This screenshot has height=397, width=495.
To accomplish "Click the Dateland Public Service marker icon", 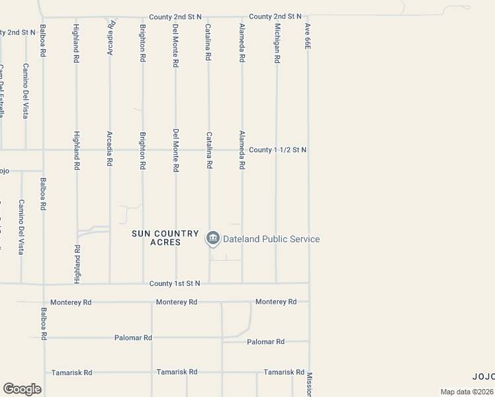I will (212, 238).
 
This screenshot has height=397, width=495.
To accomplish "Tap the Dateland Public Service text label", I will (271, 239).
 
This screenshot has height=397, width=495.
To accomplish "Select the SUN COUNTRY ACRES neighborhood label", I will (165, 238).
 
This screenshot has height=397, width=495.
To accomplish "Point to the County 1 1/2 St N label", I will (279, 150).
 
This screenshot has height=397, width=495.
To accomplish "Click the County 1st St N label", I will (175, 283).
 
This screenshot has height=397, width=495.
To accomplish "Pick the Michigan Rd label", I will (277, 44).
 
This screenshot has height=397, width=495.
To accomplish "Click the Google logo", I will (22, 389).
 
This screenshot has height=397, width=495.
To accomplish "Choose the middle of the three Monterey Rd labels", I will (177, 302).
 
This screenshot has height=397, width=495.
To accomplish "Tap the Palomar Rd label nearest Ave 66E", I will (265, 341).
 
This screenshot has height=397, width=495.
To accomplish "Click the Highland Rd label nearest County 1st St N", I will (77, 264).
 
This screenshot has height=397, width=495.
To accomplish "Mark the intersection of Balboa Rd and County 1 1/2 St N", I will (43, 150).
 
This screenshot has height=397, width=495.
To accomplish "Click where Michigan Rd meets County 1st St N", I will (276, 283).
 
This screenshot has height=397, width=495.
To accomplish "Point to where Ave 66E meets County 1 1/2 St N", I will (308, 150).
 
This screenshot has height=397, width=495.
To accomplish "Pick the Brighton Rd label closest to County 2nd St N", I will (142, 44).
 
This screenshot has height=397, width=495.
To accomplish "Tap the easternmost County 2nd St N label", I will (275, 16).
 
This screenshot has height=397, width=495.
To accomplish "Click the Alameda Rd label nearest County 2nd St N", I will (242, 44).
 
